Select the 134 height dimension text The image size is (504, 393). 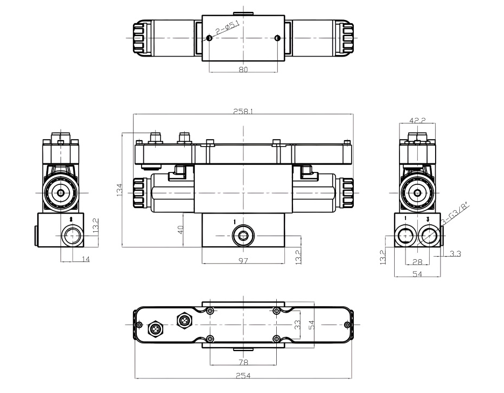[119, 190]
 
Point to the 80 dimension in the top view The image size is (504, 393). [243, 69]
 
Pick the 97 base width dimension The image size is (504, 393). [243, 260]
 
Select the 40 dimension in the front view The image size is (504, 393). [181, 229]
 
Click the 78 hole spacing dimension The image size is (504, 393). [243, 361]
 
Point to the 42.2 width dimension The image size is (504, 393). [417, 121]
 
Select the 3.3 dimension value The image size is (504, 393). [454, 253]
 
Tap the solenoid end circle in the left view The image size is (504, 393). [61, 192]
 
